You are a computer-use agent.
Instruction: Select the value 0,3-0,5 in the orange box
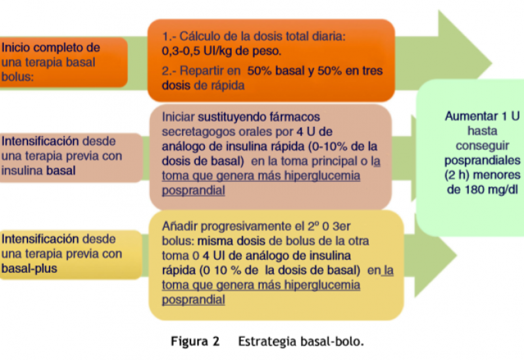pos(181,51)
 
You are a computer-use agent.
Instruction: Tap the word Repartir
pos(210,71)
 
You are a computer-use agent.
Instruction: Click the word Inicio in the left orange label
pos(15,48)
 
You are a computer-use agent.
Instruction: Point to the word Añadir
pos(179,226)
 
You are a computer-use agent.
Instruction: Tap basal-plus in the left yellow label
pos(29,269)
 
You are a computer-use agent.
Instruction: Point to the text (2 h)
pos(457,175)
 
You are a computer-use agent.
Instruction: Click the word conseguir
pos(482,146)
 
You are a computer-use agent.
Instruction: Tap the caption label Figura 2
pos(195,342)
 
